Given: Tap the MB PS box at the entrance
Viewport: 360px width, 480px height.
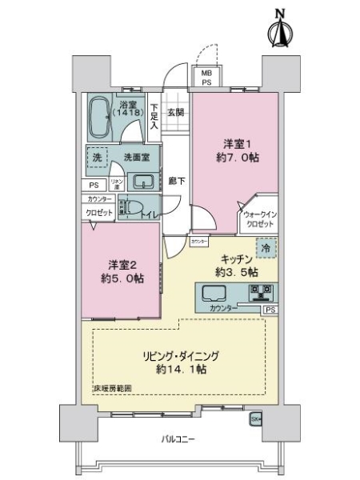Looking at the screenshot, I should tap(206, 77).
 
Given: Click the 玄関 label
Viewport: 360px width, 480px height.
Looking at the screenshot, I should tap(176, 112).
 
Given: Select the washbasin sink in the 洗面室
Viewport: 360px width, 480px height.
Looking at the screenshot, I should tap(143, 180).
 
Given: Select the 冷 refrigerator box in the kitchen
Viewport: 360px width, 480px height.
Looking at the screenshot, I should tap(264, 250).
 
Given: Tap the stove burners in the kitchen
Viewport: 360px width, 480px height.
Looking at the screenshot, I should tap(260, 293).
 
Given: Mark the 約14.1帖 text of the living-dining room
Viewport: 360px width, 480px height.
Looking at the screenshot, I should tap(181, 370).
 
